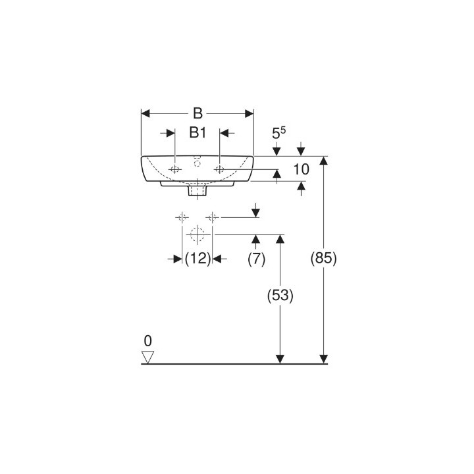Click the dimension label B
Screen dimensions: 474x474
click(x=197, y=113)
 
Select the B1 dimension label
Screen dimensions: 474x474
click(x=197, y=133)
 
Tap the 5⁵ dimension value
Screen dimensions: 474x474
click(x=279, y=133)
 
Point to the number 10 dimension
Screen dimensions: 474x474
click(x=300, y=169)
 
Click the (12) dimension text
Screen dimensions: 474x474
click(x=197, y=259)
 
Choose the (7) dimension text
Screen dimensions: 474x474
click(x=256, y=259)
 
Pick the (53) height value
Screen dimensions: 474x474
click(x=281, y=296)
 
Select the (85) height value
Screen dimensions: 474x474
click(x=323, y=259)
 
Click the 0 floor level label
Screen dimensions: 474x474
click(x=147, y=341)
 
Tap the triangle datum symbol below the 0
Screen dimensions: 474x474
click(x=147, y=357)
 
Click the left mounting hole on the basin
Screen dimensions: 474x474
click(x=175, y=170)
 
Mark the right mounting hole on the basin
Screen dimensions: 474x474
click(x=220, y=170)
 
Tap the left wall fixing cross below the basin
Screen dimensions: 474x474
click(x=182, y=217)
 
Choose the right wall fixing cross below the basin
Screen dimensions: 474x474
click(x=212, y=217)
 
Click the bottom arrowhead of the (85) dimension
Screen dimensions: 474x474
click(x=323, y=358)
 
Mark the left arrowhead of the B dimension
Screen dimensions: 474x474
click(x=146, y=113)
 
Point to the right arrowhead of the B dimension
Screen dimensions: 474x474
click(x=250, y=113)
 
